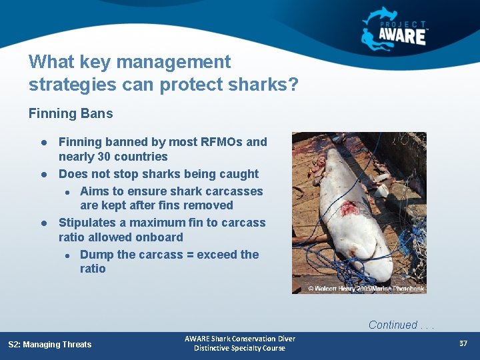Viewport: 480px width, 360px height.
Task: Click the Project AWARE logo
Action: (x=395, y=28)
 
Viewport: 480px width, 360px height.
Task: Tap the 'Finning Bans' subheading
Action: (x=71, y=113)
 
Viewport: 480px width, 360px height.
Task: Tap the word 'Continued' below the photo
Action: (x=393, y=325)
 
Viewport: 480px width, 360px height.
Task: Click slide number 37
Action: (x=463, y=343)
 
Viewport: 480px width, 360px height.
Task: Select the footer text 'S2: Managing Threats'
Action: (x=50, y=344)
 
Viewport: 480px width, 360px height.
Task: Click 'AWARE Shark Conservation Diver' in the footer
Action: (x=240, y=339)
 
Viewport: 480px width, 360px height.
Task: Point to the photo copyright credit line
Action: (x=365, y=289)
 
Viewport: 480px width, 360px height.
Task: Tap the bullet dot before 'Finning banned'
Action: (x=43, y=143)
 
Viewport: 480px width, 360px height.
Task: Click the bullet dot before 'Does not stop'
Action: (x=43, y=175)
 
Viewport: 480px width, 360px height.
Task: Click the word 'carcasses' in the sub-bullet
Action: (x=235, y=191)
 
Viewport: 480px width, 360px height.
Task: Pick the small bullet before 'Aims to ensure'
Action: (x=67, y=192)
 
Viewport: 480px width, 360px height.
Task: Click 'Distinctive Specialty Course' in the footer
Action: (x=240, y=349)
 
